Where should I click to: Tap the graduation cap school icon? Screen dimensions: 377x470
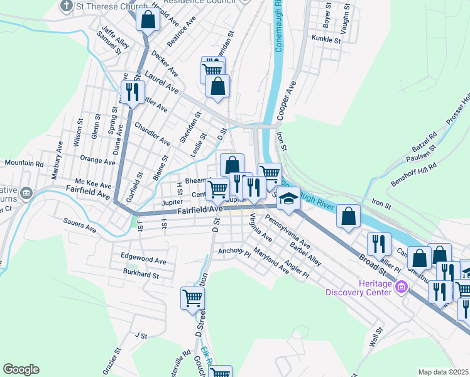click(288, 199)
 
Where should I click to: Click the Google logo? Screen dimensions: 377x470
click(21, 369)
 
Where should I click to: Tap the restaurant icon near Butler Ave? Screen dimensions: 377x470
click(132, 92)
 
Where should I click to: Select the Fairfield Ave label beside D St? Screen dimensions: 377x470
click(200, 210)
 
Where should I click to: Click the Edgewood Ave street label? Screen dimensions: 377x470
click(144, 260)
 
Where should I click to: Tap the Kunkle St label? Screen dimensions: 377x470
click(326, 39)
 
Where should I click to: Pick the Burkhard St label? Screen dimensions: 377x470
click(141, 275)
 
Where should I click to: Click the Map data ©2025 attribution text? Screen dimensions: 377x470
click(442, 372)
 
